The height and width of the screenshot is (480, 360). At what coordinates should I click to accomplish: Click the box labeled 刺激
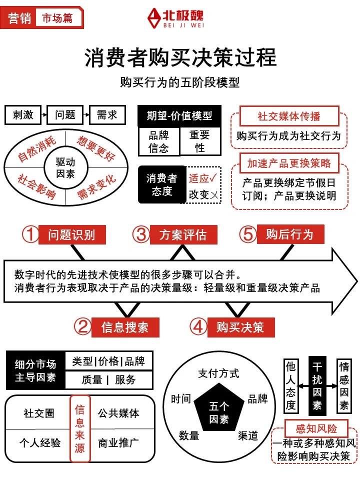(23, 115)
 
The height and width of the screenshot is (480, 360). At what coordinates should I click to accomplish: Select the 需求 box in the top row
(106, 115)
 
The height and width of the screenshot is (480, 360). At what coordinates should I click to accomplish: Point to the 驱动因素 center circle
(65, 168)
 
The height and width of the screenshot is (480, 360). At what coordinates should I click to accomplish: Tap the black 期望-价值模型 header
(179, 116)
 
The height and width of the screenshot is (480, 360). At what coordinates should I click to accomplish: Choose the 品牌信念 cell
(158, 141)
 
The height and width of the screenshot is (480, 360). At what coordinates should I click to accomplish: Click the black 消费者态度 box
(161, 184)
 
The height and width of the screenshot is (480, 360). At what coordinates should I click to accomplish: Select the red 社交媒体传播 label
(288, 116)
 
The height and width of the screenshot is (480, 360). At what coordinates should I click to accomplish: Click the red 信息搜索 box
(125, 327)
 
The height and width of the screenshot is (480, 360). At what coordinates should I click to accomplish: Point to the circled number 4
(198, 327)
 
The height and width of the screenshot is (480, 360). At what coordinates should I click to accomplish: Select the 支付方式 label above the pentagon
(218, 373)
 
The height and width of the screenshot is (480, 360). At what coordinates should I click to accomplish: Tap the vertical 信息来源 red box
(80, 428)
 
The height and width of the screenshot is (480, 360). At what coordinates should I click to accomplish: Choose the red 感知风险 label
(316, 428)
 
